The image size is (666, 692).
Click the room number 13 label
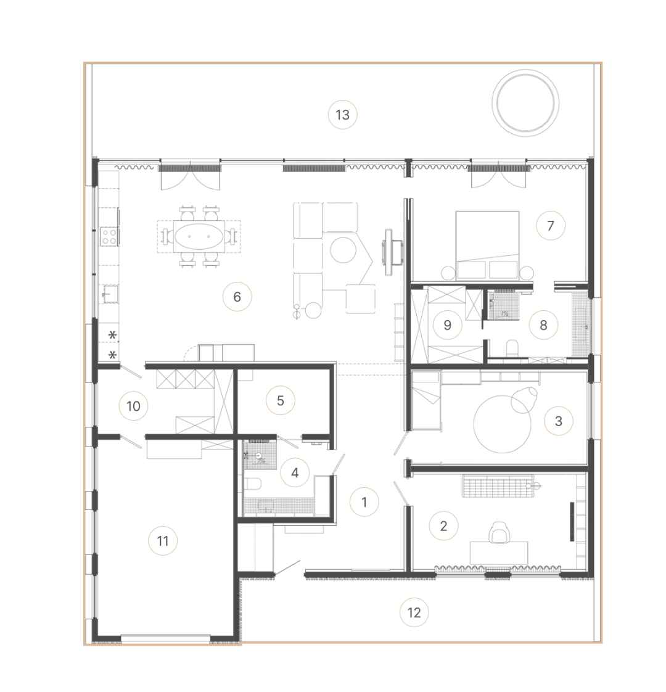click(x=342, y=115)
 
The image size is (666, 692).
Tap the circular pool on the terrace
click(x=525, y=102)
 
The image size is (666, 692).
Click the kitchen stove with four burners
click(x=109, y=236)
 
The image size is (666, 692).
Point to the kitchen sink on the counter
click(x=109, y=294)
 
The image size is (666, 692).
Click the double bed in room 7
click(x=487, y=245)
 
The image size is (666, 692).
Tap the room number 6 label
click(x=237, y=297)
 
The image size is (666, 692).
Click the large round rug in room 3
click(x=502, y=424)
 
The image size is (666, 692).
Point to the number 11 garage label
click(x=163, y=541)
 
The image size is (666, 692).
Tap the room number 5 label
click(x=280, y=401)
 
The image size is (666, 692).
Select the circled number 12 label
click(x=414, y=612)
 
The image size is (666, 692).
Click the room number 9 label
click(x=447, y=325)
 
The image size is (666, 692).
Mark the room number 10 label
click(x=133, y=406)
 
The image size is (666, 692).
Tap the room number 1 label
click(x=364, y=502)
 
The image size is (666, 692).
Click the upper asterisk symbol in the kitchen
click(x=113, y=336)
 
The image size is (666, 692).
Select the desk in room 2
click(x=499, y=553)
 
